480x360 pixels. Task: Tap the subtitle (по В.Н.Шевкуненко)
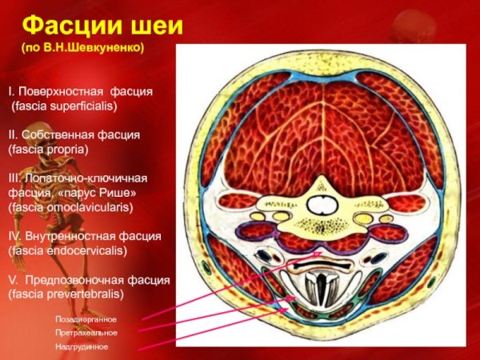tap(82, 48)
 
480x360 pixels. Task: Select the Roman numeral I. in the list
tap(11, 91)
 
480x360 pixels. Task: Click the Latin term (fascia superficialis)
tap(64, 106)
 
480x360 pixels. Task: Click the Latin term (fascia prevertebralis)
tap(66, 294)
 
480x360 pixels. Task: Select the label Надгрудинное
tap(82, 347)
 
